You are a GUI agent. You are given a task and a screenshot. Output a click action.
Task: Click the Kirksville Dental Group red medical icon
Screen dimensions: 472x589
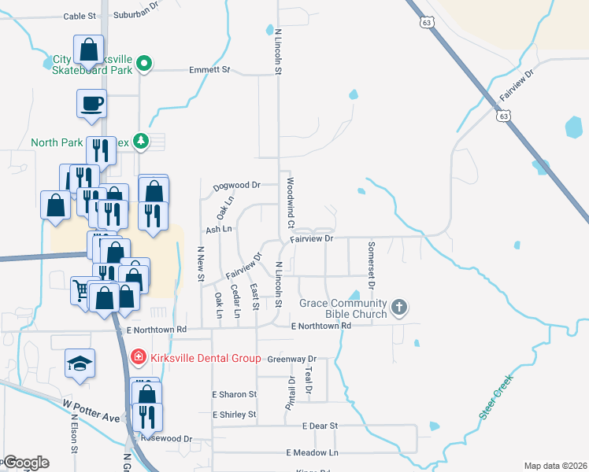tap(138, 358)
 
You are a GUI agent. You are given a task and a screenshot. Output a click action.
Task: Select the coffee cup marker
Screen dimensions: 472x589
tap(91, 103)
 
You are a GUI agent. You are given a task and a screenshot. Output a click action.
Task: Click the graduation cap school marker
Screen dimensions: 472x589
tap(80, 363)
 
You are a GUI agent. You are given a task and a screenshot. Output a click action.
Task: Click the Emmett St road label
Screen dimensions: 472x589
tap(209, 70)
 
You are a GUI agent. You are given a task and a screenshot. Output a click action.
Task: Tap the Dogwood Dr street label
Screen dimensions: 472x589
tap(236, 186)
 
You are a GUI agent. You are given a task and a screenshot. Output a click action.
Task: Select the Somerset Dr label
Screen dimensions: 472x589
tap(372, 264)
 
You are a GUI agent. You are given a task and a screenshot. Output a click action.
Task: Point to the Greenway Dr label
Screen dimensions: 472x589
tap(291, 359)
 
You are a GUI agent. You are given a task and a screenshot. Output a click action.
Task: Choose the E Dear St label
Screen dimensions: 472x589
tap(320, 426)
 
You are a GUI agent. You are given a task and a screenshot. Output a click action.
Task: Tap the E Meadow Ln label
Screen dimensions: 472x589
tap(312, 452)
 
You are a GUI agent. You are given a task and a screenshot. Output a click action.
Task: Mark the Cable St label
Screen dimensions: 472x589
tap(79, 15)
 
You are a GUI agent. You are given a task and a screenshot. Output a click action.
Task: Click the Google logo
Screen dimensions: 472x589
tap(25, 463)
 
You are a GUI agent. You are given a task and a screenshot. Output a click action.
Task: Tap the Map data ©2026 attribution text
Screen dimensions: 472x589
tap(554, 466)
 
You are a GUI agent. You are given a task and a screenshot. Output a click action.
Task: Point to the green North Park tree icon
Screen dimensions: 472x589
tap(141, 141)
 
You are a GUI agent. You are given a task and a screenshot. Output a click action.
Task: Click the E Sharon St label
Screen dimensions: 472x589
tap(235, 394)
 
